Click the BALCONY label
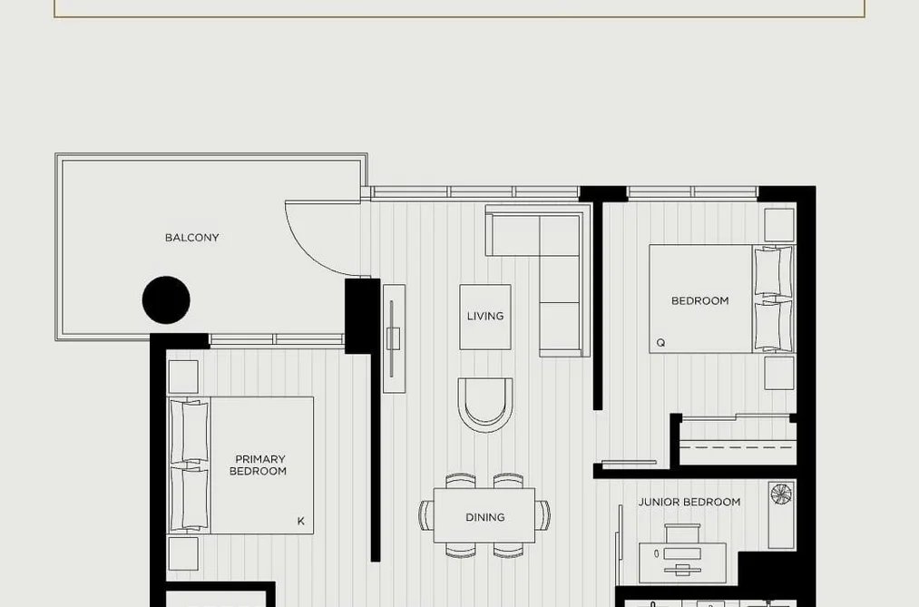pos(191,238)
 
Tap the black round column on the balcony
pos(166,300)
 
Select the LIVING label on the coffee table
pos(485,316)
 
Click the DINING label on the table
pos(484,517)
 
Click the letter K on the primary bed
pos(300,521)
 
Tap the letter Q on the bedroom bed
pos(660,343)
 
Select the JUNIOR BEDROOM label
pos(689,502)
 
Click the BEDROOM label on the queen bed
pos(699,300)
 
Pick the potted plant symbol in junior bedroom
pos(781,494)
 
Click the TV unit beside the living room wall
pos(394,338)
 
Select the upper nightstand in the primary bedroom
pos(183,377)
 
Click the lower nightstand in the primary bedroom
pos(183,553)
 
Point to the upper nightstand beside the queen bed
pos(779,225)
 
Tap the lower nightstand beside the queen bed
pos(779,373)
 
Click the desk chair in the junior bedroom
pos(682,534)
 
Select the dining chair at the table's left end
pos(426,515)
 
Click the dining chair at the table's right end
pos(543,515)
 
